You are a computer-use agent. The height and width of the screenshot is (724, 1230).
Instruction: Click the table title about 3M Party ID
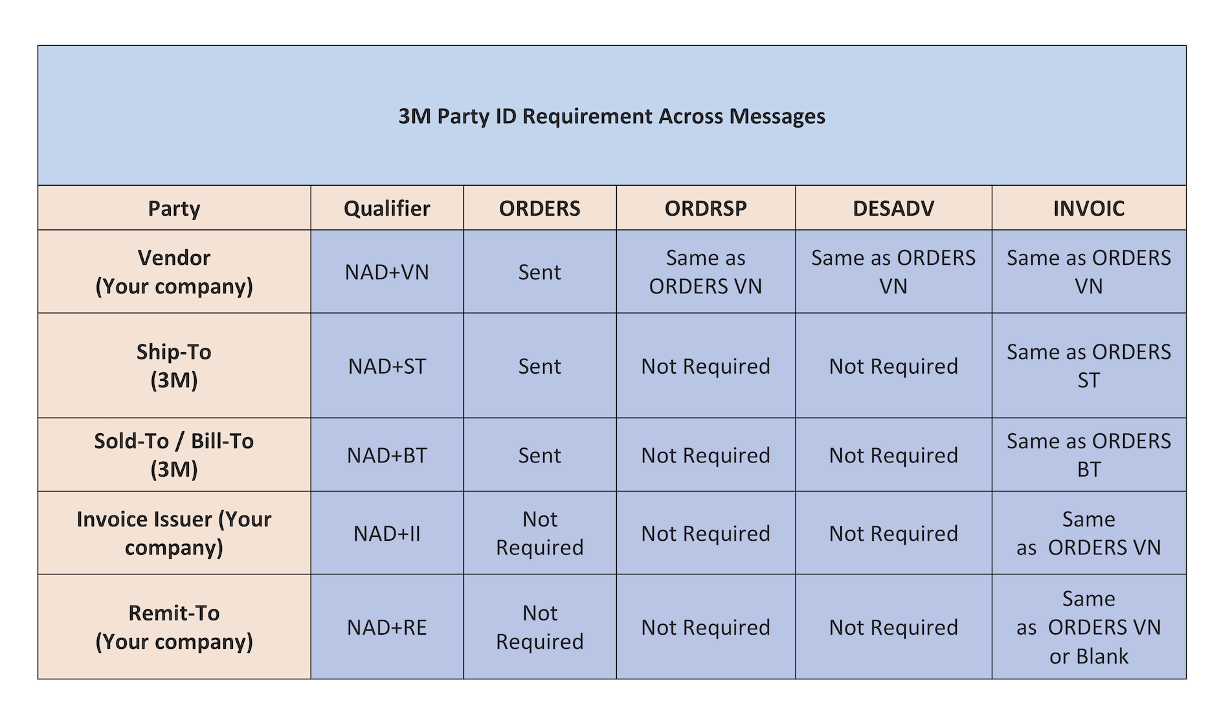[611, 117]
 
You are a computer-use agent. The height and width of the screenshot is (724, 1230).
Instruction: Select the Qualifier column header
[386, 209]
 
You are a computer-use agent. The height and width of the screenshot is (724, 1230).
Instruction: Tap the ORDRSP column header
[705, 209]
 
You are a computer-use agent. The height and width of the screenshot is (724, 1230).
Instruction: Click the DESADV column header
[893, 209]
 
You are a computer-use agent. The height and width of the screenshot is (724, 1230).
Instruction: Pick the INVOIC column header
[1088, 209]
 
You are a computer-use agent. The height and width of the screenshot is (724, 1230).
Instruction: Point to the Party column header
[173, 209]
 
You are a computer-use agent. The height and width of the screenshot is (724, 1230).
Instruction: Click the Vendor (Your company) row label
[173, 272]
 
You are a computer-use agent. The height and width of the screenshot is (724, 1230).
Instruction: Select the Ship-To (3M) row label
[173, 366]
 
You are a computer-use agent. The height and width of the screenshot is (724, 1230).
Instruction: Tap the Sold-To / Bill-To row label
[173, 455]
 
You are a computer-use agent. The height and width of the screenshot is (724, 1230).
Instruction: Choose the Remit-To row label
[173, 627]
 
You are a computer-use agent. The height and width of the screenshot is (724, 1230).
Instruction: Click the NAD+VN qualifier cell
[386, 272]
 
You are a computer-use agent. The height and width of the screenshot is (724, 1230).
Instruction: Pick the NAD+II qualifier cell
[386, 534]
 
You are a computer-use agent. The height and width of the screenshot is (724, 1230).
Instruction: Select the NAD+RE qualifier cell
[386, 627]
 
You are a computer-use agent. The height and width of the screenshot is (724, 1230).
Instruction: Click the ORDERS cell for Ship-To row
[539, 366]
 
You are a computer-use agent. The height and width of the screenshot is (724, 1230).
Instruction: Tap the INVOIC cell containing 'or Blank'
[1088, 627]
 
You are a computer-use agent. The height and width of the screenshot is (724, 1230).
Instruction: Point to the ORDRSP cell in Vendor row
[705, 272]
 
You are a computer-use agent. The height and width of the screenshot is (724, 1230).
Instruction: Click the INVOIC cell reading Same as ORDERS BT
[1088, 455]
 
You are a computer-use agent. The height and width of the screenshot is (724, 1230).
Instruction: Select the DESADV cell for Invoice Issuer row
[893, 534]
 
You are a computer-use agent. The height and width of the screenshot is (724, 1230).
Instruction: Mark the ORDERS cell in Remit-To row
[539, 627]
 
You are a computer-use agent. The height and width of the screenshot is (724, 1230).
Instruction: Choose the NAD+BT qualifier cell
[386, 455]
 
